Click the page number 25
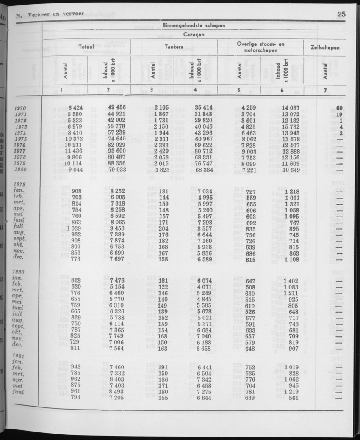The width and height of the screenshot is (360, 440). (342, 14)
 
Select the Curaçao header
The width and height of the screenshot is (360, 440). (194, 35)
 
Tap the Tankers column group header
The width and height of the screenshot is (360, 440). (174, 47)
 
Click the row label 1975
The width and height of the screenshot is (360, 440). (21, 139)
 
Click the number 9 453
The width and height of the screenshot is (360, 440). (116, 228)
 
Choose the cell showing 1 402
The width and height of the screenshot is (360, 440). (291, 280)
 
